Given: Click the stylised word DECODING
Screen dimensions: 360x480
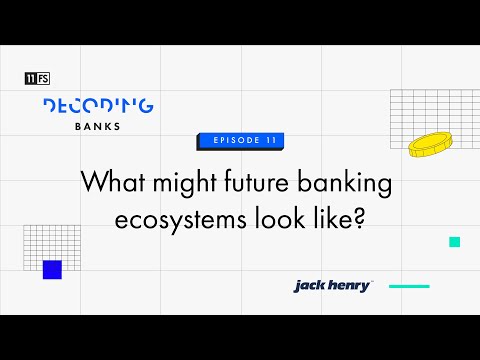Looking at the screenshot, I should (x=98, y=104).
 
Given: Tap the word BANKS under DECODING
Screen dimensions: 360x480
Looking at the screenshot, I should (x=98, y=127).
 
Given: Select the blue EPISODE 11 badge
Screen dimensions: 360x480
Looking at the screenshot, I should (x=239, y=141).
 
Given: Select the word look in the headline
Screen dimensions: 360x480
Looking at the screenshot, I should (x=286, y=220).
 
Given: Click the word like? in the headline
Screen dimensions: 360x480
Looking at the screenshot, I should (x=340, y=220).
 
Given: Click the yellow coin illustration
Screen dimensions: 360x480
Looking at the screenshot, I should (x=430, y=144).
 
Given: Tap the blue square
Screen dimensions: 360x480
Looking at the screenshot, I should (x=52, y=269).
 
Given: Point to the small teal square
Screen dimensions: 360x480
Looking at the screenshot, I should (x=455, y=242).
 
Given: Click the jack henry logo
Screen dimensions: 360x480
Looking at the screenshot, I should (x=332, y=286).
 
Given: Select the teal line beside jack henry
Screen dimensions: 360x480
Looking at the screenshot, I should (x=408, y=286).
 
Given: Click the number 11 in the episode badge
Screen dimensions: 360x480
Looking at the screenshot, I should (x=269, y=141).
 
